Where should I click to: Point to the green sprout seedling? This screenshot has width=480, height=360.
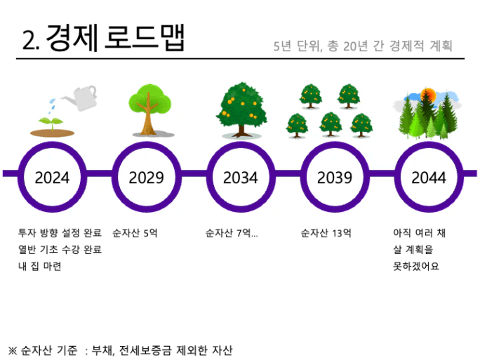pyautogui.click(x=51, y=123)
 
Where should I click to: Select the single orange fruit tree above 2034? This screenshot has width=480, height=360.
pyautogui.click(x=241, y=109)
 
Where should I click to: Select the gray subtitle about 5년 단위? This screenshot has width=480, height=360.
pyautogui.click(x=363, y=46)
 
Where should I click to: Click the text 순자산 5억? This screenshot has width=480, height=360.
pyautogui.click(x=135, y=233)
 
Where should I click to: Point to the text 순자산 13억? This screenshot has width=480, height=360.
pyautogui.click(x=326, y=233)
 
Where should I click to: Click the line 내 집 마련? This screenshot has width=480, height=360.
pyautogui.click(x=40, y=266)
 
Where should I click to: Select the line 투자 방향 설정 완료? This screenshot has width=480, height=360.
pyautogui.click(x=60, y=233)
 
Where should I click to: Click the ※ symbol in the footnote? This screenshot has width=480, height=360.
pyautogui.click(x=12, y=350)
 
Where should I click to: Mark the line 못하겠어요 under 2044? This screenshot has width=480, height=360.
pyautogui.click(x=416, y=266)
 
